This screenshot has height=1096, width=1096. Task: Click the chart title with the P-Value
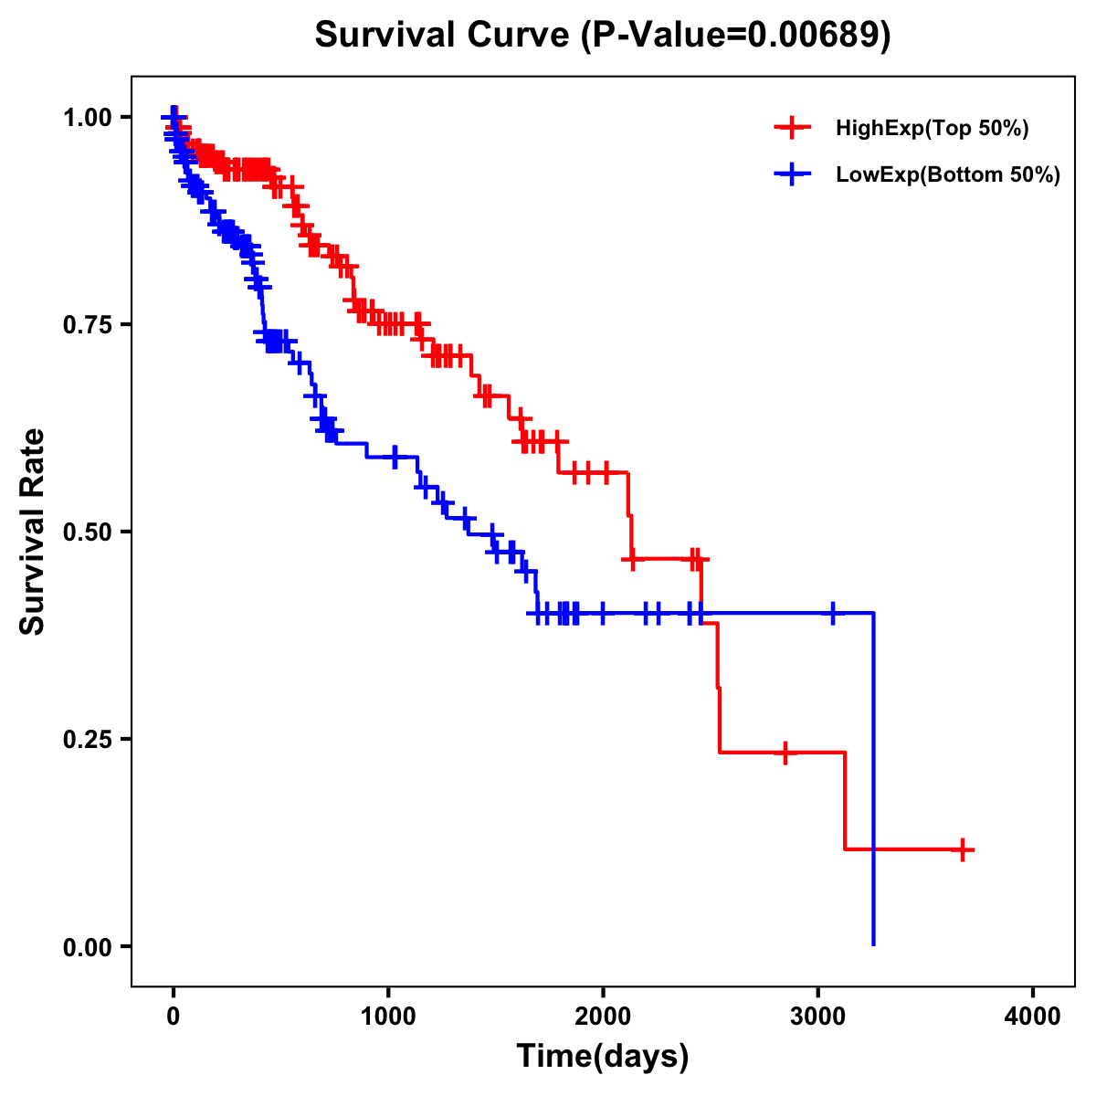click(x=603, y=35)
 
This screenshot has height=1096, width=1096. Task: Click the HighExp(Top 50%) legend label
click(x=933, y=129)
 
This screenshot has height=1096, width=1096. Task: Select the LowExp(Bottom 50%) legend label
click(x=948, y=175)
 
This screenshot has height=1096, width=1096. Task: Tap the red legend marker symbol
click(x=793, y=128)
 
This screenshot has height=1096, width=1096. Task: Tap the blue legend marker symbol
click(x=793, y=174)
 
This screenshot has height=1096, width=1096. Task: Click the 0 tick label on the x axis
click(x=174, y=1017)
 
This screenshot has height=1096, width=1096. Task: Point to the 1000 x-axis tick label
click(x=388, y=1017)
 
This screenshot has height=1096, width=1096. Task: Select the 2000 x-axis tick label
click(x=603, y=1017)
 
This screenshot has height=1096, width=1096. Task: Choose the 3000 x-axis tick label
click(x=818, y=1017)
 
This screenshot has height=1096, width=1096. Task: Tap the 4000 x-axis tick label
click(x=1033, y=1017)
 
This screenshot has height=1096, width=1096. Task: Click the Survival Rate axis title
click(x=33, y=532)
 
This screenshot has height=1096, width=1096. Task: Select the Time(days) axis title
click(x=603, y=1057)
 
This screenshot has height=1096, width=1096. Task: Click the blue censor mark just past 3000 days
click(x=832, y=613)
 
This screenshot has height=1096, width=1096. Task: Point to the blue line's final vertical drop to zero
click(x=874, y=776)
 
